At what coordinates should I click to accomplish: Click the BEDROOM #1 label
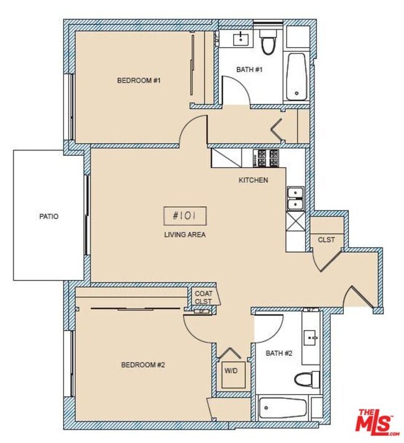(x=135, y=80)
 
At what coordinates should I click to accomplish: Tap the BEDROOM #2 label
(x=142, y=365)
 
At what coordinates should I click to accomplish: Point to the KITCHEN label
(x=254, y=180)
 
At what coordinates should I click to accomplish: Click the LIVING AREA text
(x=185, y=235)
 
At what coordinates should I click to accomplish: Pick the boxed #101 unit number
(x=185, y=216)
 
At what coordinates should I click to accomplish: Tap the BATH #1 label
(x=250, y=70)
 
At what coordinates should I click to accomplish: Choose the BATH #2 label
(x=278, y=353)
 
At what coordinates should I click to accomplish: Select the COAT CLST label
(x=203, y=297)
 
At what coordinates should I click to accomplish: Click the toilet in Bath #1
(x=268, y=44)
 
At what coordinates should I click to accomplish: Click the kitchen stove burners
(x=268, y=158)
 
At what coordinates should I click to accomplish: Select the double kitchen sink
(x=295, y=198)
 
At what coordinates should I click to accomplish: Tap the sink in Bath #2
(x=311, y=337)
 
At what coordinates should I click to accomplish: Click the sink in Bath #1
(x=239, y=40)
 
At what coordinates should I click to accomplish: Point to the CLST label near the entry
(x=326, y=240)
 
